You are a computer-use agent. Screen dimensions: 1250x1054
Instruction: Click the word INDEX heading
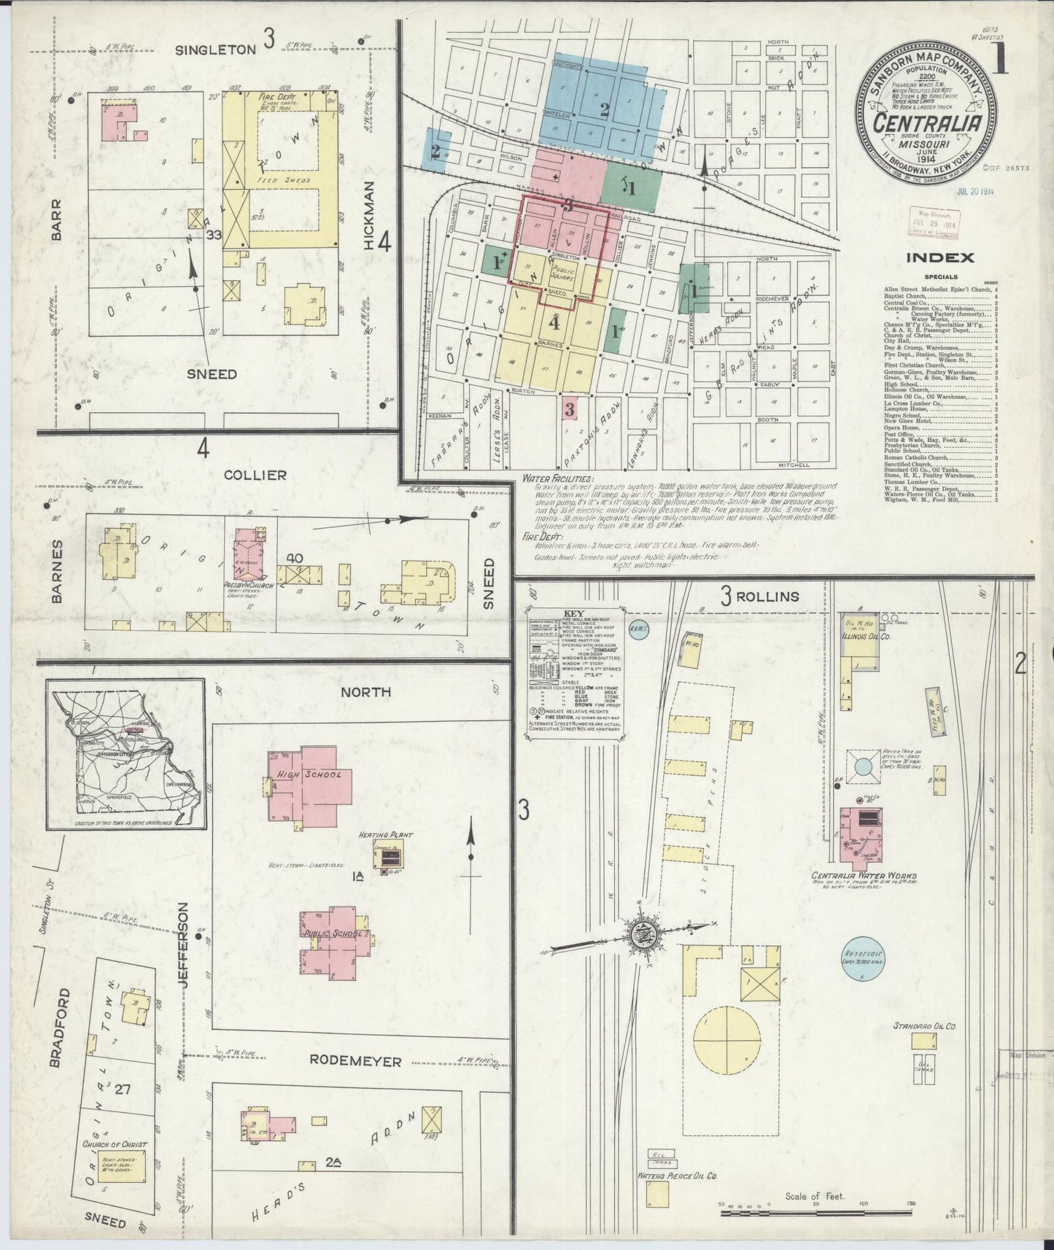[939, 257]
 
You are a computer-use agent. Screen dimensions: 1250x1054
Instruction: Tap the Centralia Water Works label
[864, 876]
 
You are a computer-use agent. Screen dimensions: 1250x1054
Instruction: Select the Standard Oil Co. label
[924, 1027]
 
